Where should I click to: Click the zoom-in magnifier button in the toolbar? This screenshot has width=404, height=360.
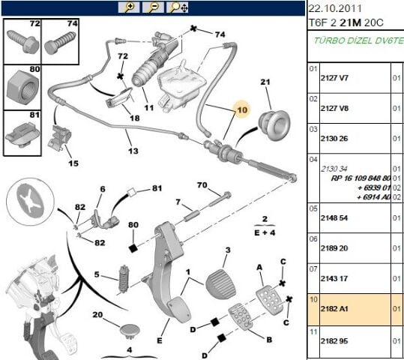pos(129,7)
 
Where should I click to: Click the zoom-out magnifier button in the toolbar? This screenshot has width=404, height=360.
pos(154,7)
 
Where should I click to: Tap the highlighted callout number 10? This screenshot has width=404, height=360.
pos(242,110)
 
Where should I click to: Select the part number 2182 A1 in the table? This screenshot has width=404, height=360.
pos(334,309)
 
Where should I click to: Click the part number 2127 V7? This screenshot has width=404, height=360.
pos(334,78)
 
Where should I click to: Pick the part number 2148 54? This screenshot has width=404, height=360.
pos(334,218)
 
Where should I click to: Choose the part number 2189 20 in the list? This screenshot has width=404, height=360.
pos(334,248)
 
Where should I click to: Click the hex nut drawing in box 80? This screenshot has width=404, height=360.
pos(22,88)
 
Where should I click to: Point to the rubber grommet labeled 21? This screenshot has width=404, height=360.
pos(274,125)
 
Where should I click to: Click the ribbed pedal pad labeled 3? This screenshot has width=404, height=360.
pos(221,284)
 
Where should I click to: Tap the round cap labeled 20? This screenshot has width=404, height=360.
pos(130,331)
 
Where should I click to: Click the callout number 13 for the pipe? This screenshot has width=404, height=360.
pos(133,151)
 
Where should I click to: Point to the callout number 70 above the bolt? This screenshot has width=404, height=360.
pos(202,185)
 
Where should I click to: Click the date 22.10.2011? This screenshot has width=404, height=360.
pos(335,9)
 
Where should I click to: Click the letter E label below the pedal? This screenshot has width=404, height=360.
pos(160,340)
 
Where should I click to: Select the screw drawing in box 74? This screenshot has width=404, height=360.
pos(60,42)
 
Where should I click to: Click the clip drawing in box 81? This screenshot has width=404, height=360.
pos(22,133)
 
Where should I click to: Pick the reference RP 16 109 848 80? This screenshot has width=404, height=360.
pos(361,178)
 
